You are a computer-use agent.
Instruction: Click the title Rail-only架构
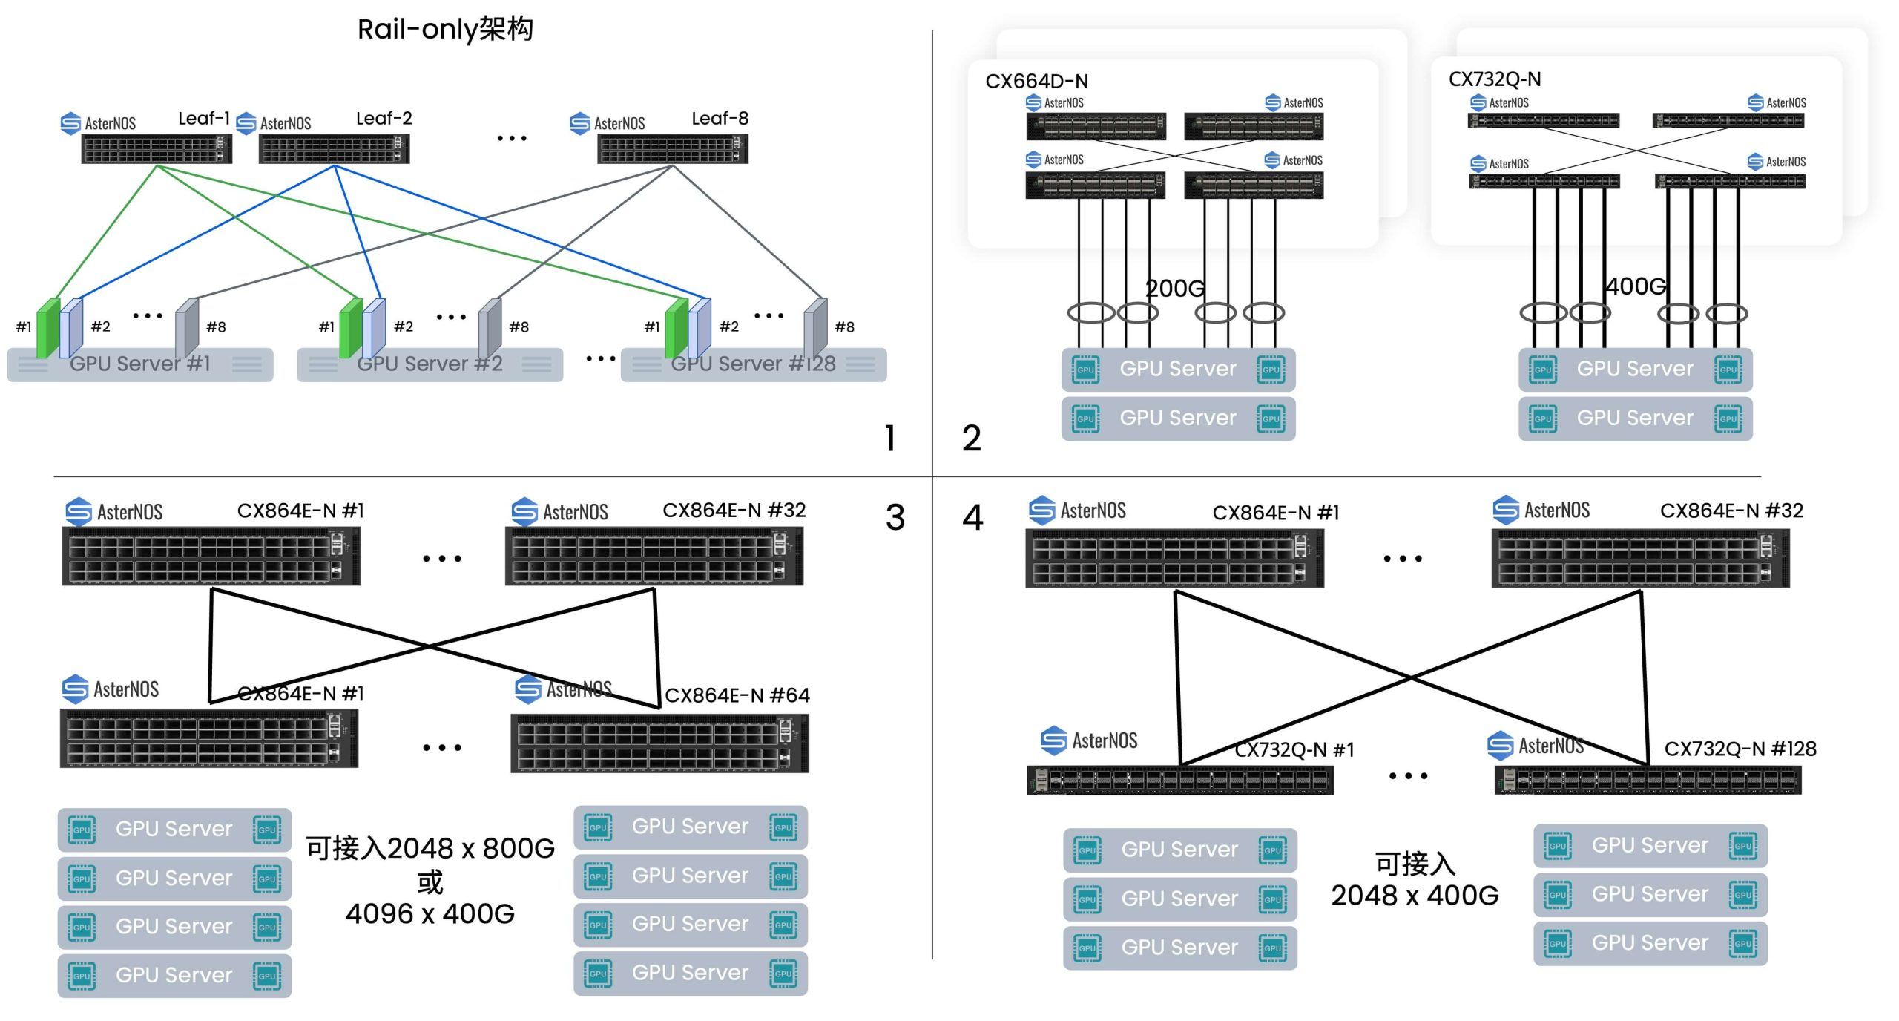(445, 30)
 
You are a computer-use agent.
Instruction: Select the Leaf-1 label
(204, 119)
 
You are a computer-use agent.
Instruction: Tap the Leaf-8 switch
(673, 149)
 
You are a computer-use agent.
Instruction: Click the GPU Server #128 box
(754, 364)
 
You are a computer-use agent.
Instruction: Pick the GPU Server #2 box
(430, 364)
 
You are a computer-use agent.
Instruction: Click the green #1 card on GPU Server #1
(48, 328)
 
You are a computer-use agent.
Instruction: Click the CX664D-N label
(1036, 82)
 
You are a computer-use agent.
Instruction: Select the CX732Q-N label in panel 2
(1495, 79)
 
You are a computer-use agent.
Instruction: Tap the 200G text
(1175, 288)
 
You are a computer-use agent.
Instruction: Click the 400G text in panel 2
(1636, 286)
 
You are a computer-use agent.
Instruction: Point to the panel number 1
(890, 438)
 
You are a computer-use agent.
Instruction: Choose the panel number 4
(972, 517)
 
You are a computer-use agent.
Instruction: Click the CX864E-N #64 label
(737, 695)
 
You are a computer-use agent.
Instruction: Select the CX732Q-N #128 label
(1740, 749)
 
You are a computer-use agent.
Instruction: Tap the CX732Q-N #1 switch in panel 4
(1179, 780)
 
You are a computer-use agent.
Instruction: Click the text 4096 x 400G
(430, 914)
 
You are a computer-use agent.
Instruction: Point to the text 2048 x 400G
(1415, 896)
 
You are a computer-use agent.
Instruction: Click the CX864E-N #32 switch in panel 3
(654, 557)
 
